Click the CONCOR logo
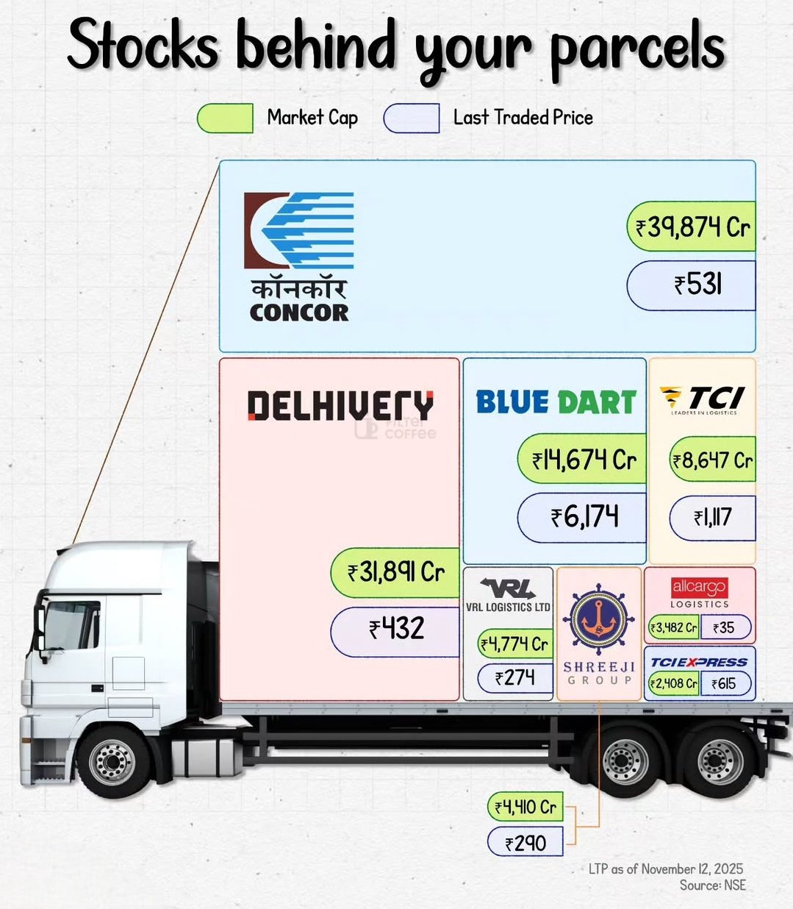(299, 256)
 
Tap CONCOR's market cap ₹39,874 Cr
(692, 227)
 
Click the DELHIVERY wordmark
(340, 405)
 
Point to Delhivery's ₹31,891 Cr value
(395, 571)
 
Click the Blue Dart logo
(556, 402)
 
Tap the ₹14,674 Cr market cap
(583, 460)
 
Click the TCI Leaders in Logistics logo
(703, 399)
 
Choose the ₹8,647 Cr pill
(711, 461)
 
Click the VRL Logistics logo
(508, 595)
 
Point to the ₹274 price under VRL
(514, 678)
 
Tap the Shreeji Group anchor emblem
(598, 620)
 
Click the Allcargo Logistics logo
(699, 592)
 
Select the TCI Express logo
(699, 662)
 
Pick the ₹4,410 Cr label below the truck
(525, 808)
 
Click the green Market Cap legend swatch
(225, 118)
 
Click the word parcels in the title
(638, 48)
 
